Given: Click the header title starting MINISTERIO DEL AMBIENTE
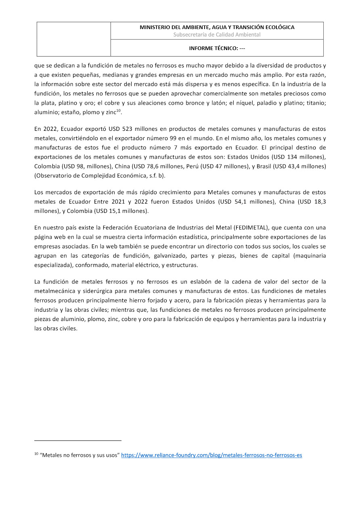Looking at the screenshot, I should (217, 27).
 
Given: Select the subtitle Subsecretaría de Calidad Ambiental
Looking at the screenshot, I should (217, 35).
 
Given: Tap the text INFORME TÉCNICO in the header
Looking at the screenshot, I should (217, 48).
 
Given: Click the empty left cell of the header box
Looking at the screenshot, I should (74, 39).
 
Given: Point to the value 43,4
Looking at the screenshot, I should (294, 166).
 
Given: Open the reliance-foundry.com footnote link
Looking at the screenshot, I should (211, 455).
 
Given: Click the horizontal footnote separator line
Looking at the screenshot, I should (78, 441).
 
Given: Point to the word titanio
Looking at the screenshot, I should (315, 103).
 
